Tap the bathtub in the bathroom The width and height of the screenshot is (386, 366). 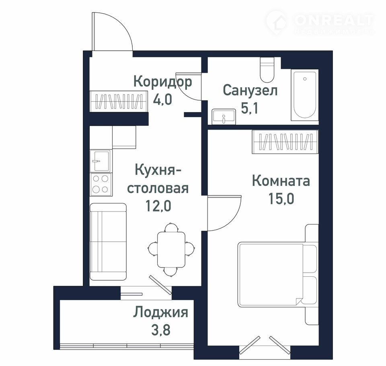click(305, 95)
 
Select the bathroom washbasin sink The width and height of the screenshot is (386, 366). click(224, 116)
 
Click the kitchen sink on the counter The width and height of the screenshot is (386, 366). click(100, 161)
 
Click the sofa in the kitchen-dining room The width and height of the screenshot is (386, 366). click(108, 242)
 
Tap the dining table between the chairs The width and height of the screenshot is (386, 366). click(171, 249)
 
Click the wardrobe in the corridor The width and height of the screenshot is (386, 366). click(119, 101)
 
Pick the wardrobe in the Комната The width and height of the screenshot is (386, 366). click(285, 142)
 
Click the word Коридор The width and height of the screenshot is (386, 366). click(163, 82)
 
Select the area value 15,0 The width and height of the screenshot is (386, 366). click(281, 199)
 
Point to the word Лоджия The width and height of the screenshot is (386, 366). click(161, 313)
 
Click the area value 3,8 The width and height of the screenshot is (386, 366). click(161, 330)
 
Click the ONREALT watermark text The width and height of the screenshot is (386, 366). click(334, 21)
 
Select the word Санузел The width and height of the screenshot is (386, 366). click(250, 90)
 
